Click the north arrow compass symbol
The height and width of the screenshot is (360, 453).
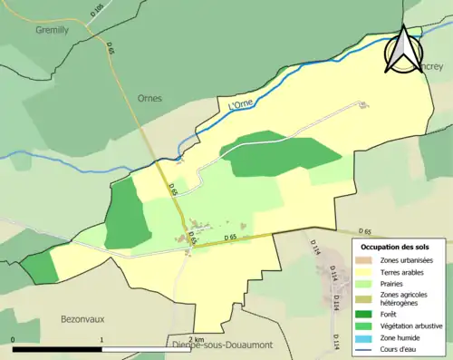(403, 48)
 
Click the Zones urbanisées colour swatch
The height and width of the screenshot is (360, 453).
(367, 260)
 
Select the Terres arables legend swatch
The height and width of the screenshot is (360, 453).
(367, 271)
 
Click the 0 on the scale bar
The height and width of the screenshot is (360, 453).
(14, 341)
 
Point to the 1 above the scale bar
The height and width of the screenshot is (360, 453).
(101, 341)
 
